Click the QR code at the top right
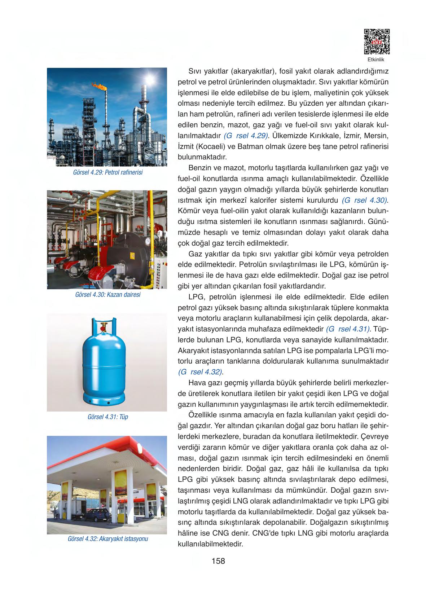376,42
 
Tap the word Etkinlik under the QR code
376,60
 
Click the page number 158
218,561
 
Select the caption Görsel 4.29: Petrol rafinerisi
107,172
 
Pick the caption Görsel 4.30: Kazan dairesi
107,295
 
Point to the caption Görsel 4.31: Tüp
107,417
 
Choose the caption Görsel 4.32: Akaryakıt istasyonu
107,539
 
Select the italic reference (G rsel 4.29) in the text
247,136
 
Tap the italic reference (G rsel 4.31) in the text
348,329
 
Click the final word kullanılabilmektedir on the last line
210,544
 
